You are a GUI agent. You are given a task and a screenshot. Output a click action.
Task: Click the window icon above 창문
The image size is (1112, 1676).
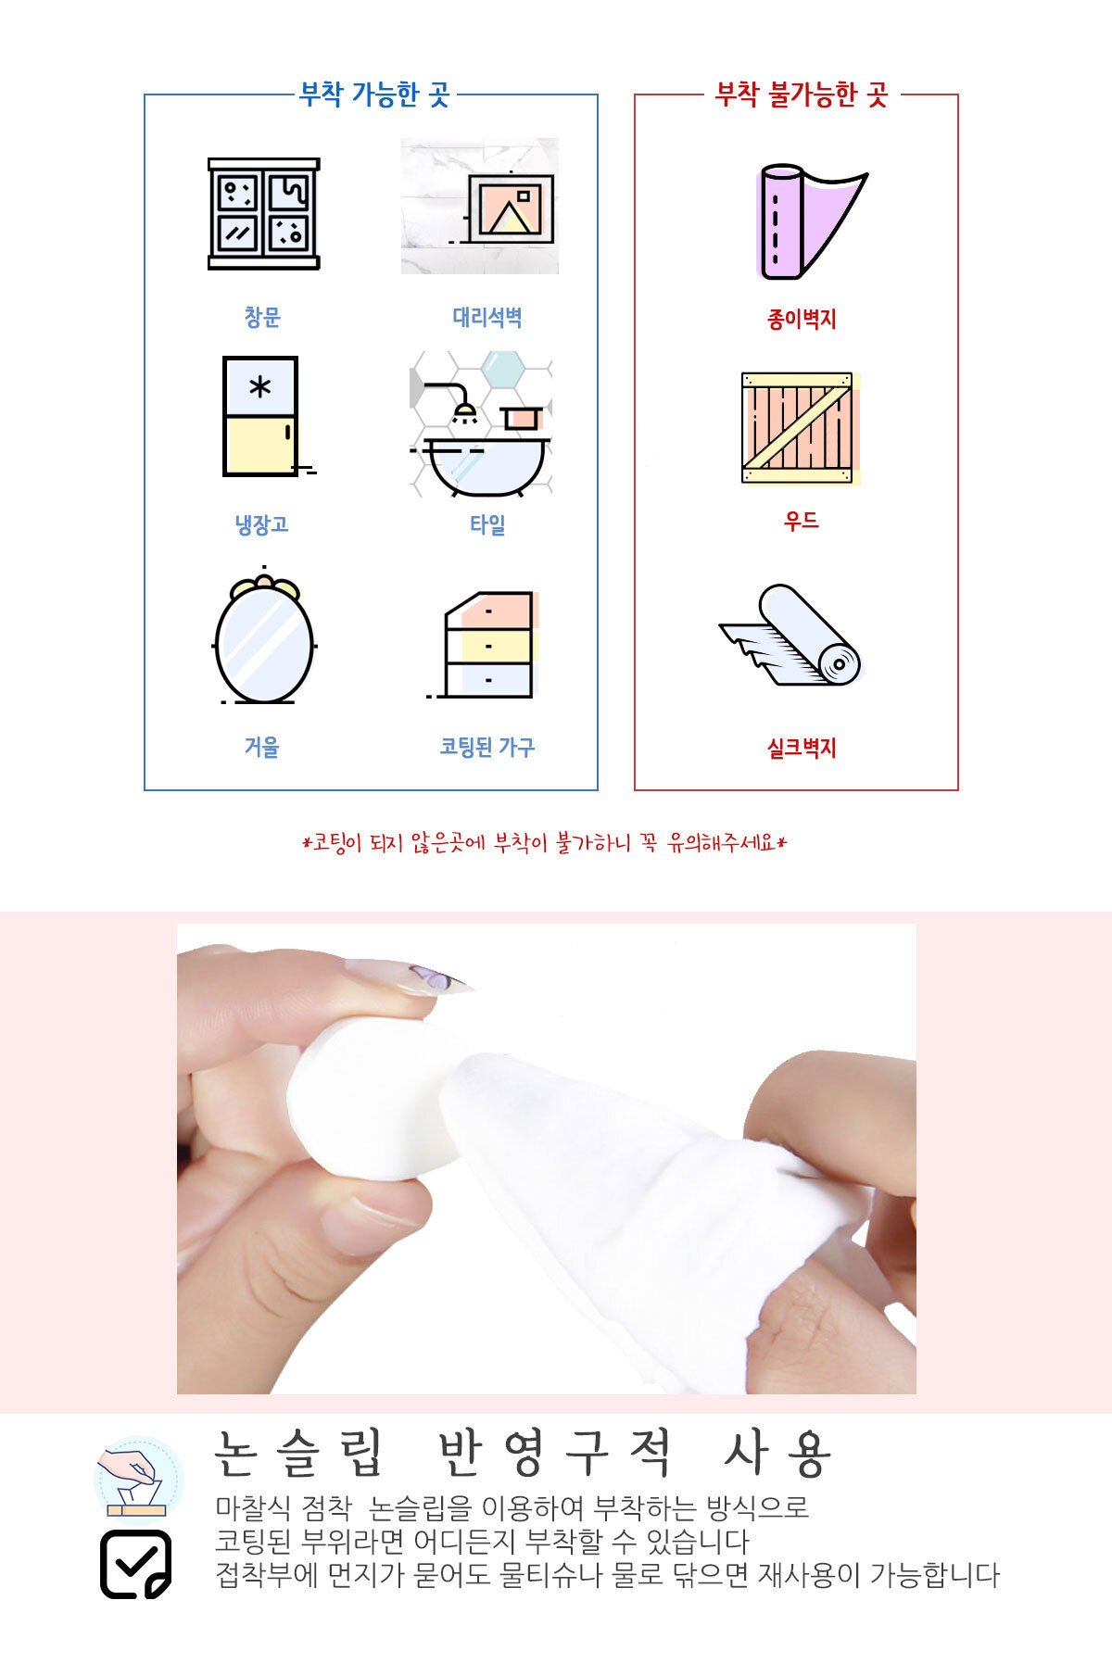pos(263,214)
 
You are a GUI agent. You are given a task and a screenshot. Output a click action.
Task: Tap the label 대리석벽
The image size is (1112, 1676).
pos(487,318)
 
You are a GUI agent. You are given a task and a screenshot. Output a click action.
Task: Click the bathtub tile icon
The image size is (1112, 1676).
pos(481,423)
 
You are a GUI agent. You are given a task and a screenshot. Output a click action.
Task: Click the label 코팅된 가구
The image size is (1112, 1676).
pos(487,747)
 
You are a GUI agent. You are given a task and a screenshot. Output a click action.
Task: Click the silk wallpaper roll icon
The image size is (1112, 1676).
pos(790,636)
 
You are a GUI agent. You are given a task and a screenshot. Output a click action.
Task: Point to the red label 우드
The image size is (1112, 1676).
pos(802,522)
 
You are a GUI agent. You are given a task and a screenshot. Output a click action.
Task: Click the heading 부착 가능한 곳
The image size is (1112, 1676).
pos(374,95)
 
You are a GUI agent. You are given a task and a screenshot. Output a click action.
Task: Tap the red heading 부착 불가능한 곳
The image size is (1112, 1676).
pos(802,95)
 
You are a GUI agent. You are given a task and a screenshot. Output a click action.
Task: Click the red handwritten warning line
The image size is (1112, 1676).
pos(545,843)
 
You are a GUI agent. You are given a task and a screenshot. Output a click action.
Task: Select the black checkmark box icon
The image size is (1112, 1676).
pos(135,1564)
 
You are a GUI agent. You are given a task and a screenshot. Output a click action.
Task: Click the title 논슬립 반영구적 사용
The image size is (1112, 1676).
pos(524,1454)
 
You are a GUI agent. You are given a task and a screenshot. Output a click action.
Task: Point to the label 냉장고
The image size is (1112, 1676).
pos(262,525)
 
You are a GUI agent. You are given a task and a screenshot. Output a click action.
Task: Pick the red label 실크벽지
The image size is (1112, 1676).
pos(802,748)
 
